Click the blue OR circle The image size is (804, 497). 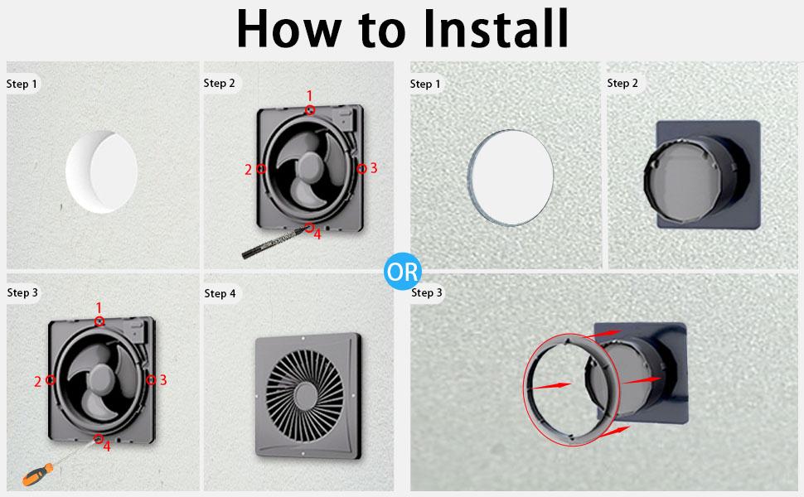[403, 271]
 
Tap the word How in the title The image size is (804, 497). [286, 30]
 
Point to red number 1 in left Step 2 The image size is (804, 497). [309, 96]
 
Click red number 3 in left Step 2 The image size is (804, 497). [374, 168]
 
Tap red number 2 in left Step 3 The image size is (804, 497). [37, 382]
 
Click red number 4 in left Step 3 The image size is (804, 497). [106, 446]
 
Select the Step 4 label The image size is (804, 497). [220, 293]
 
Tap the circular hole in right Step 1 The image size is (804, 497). [510, 176]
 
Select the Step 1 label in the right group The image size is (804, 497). [426, 84]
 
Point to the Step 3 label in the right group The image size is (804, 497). [427, 292]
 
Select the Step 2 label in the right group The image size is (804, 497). [622, 83]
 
